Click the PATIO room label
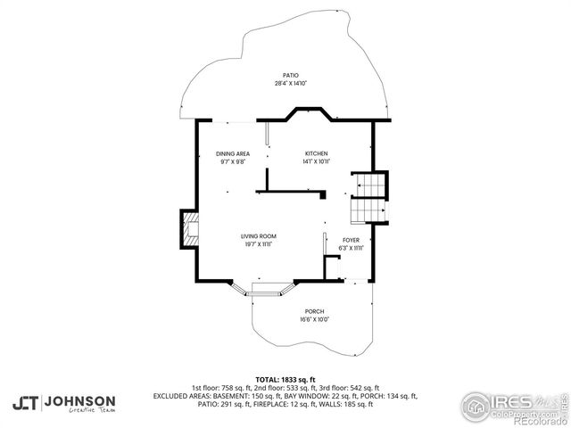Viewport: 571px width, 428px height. (x=290, y=76)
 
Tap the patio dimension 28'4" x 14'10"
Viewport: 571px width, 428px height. (x=290, y=83)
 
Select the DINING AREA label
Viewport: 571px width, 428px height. (x=232, y=154)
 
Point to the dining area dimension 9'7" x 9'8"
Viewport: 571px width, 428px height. (x=232, y=161)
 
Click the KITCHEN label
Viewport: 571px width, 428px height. (x=317, y=154)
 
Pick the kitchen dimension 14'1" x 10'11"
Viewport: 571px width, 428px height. (x=317, y=161)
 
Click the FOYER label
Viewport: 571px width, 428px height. (x=351, y=240)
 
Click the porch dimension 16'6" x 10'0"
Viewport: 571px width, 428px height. (x=314, y=318)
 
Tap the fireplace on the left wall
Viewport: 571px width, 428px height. (x=190, y=228)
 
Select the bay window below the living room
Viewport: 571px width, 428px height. (x=265, y=289)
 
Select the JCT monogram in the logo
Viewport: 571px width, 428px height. (x=26, y=402)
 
